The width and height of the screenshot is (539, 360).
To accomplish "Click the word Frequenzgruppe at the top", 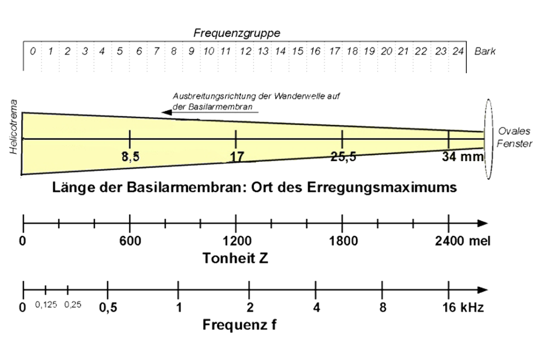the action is coord(237,33).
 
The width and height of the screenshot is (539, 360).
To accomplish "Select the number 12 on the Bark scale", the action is coord(245,51).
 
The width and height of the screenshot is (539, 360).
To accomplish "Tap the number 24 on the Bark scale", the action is coord(458,51).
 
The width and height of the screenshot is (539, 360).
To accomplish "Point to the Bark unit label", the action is coord(485,51).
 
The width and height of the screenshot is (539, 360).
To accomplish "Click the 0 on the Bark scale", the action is coord(33,51).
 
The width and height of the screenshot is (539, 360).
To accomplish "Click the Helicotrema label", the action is coord(13,127).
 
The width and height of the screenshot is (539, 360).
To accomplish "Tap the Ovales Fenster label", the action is coord(514,137).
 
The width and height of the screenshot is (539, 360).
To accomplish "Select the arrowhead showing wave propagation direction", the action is coord(167,112).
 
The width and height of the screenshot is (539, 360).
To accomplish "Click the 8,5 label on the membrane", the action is coord(131,157).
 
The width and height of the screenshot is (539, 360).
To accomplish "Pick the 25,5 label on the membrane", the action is coord(343,157).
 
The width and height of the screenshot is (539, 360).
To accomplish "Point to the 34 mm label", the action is coord(463,157).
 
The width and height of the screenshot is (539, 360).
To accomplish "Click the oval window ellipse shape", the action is coord(484,139).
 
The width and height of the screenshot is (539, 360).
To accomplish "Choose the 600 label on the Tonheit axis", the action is coord(130,241).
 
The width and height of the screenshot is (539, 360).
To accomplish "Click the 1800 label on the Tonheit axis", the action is coord(343,241).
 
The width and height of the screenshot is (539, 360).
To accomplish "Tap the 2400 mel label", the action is coord(463,241).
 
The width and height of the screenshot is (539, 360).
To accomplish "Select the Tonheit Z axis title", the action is coord(235,258).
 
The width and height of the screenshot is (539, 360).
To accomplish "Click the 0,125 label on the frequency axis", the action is coord(46,304).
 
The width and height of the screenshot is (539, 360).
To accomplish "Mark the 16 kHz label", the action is coord(463,307).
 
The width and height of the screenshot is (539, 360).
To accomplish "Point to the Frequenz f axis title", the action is coord(239,324).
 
